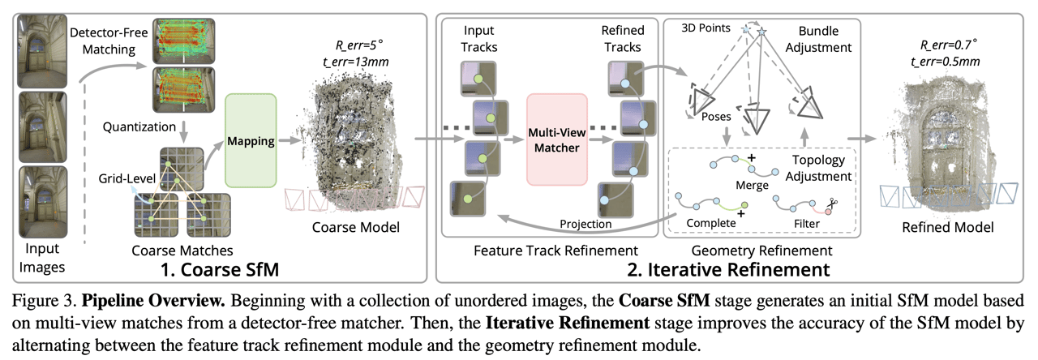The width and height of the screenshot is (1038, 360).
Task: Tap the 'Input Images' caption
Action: point(40,253)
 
